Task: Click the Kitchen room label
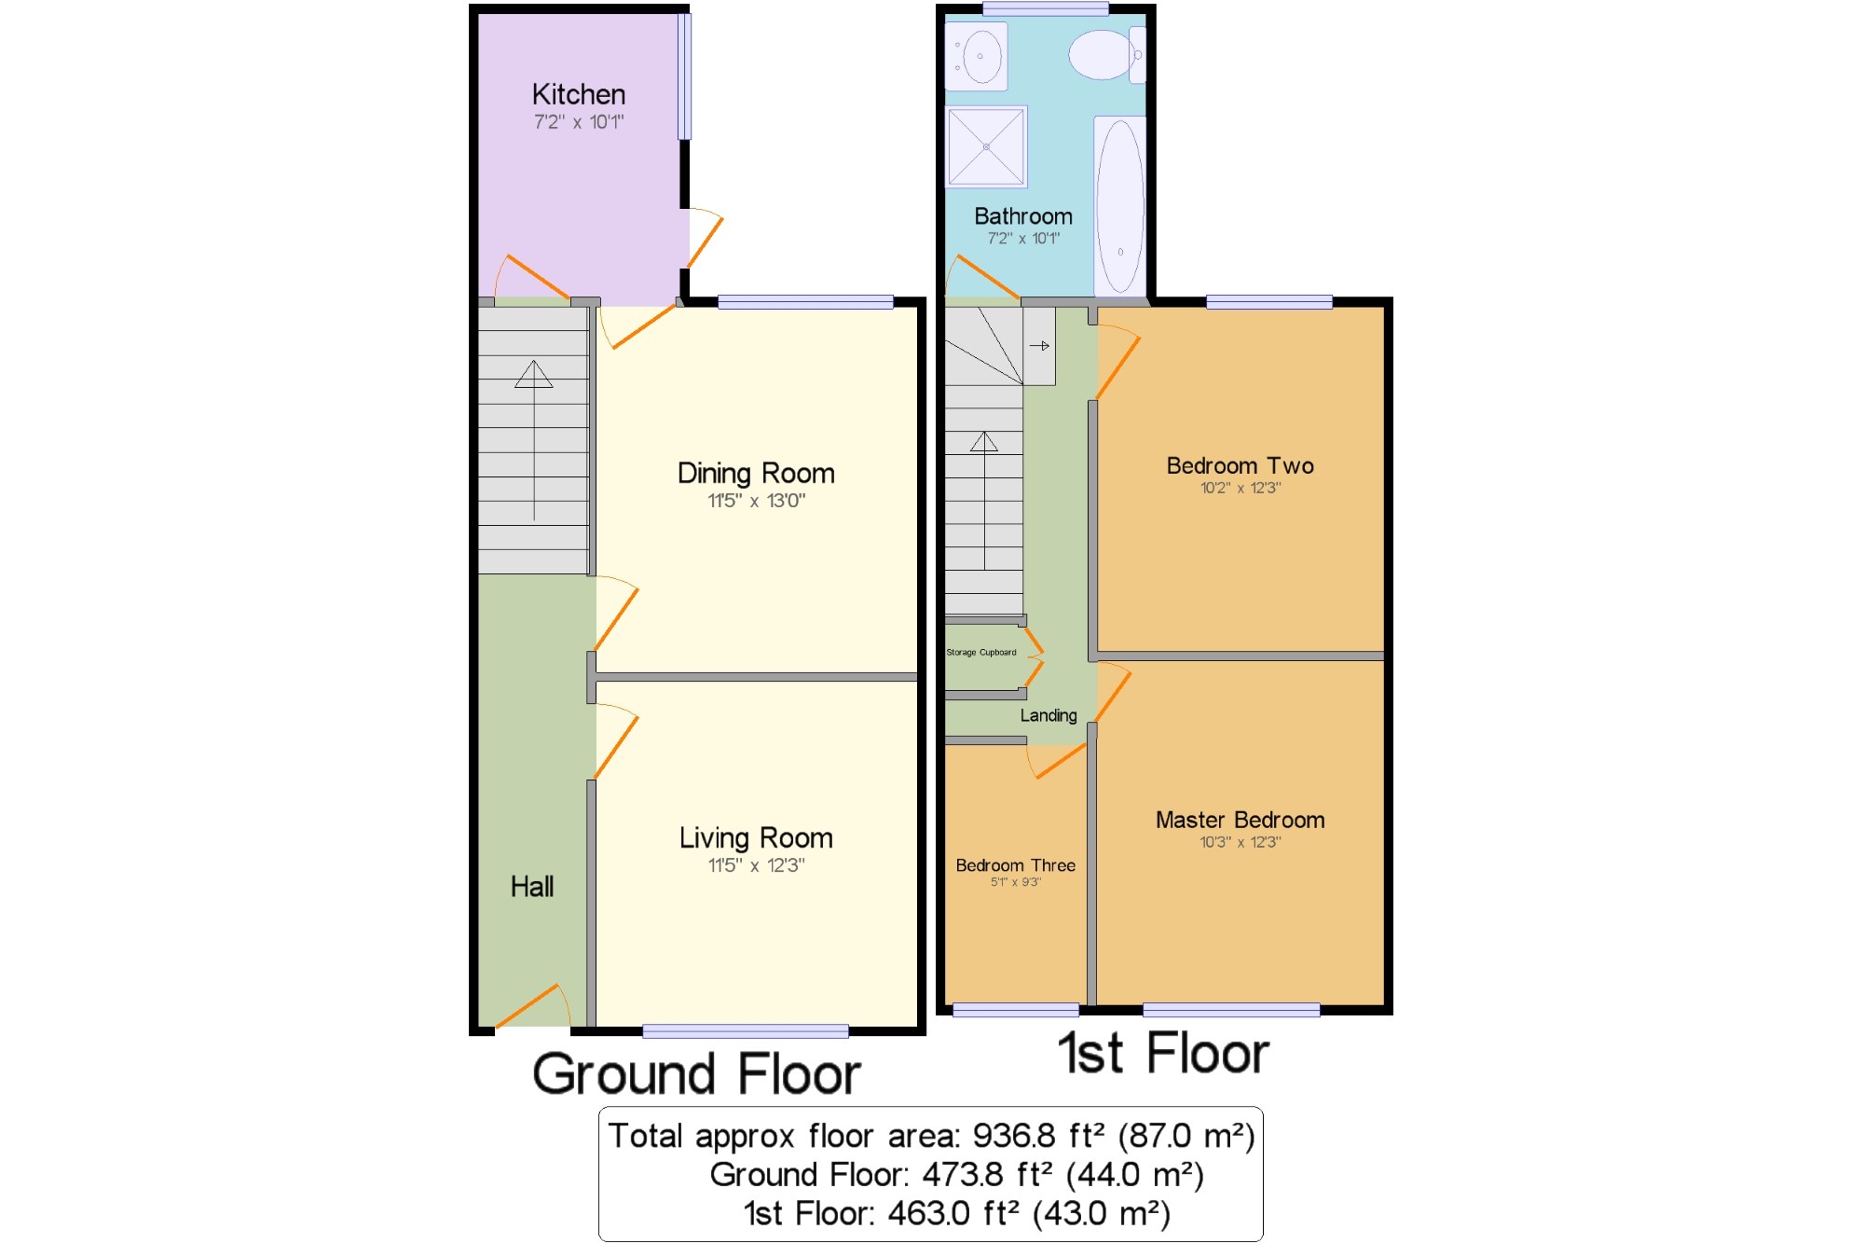click(578, 94)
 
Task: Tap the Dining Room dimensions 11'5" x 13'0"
click(756, 501)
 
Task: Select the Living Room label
click(756, 837)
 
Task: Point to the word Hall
click(532, 886)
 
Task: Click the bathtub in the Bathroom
click(1119, 205)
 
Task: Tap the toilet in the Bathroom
click(1107, 54)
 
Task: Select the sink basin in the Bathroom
click(976, 56)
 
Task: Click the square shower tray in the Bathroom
click(986, 146)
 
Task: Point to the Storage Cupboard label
click(981, 653)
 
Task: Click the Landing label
click(1048, 715)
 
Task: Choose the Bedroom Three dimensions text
click(1015, 882)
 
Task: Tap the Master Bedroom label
click(1240, 820)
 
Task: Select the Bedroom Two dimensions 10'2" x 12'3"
click(1240, 488)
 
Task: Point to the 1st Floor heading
click(1163, 1054)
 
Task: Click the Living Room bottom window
click(746, 1030)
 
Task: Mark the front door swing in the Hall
click(533, 1005)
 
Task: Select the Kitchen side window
click(684, 76)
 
